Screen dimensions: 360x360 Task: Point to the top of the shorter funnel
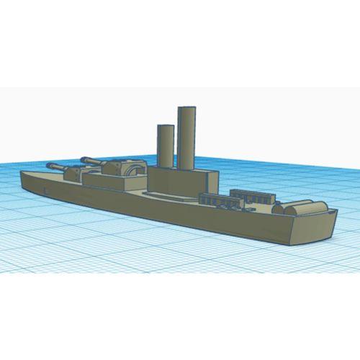pos(166,126)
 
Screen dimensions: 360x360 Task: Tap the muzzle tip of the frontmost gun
pos(48,165)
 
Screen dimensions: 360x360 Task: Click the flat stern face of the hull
pos(314,228)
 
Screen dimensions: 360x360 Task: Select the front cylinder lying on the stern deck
pos(284,208)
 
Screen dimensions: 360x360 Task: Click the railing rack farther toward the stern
pos(251,195)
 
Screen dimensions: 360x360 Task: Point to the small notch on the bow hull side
pos(45,189)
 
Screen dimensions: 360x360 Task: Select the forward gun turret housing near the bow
pos(76,173)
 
